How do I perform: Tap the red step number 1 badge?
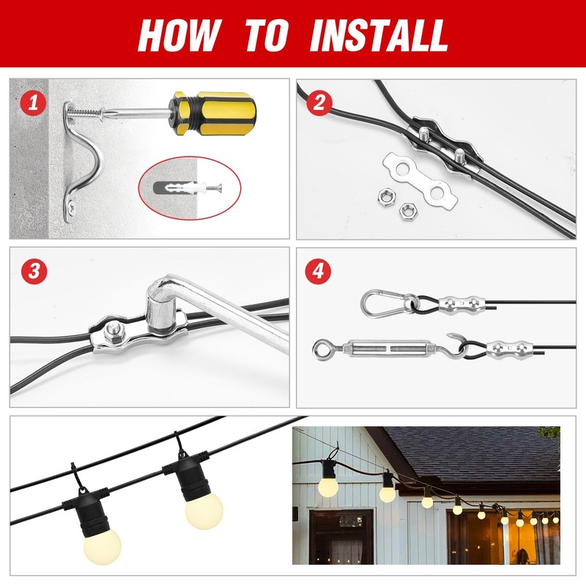[34, 102]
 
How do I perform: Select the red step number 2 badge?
[319, 103]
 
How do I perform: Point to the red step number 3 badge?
[34, 271]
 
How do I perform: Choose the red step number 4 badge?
[319, 270]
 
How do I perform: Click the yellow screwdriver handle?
[212, 113]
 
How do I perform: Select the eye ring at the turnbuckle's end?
[323, 349]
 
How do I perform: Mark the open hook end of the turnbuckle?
[457, 345]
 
